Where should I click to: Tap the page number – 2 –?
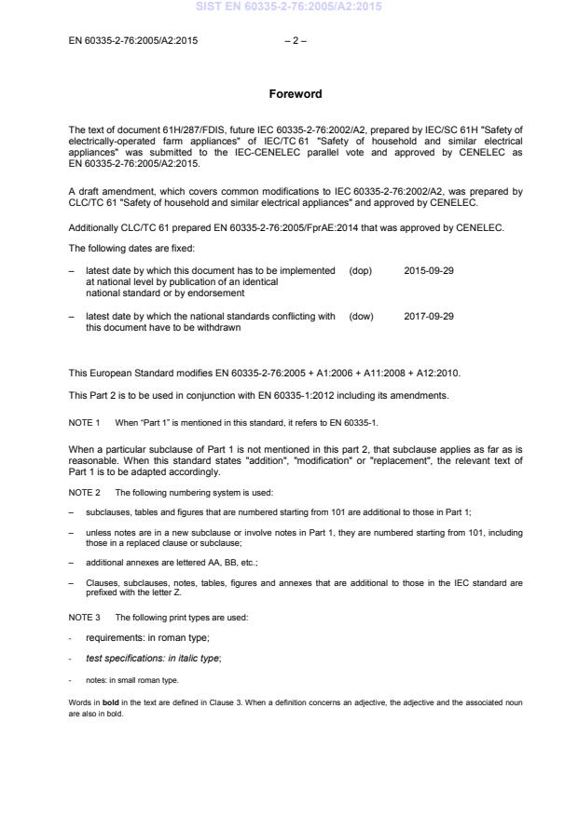click(291, 40)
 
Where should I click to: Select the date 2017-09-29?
click(429, 316)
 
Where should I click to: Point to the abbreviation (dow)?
click(361, 316)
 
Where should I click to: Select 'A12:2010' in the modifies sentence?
click(435, 374)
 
